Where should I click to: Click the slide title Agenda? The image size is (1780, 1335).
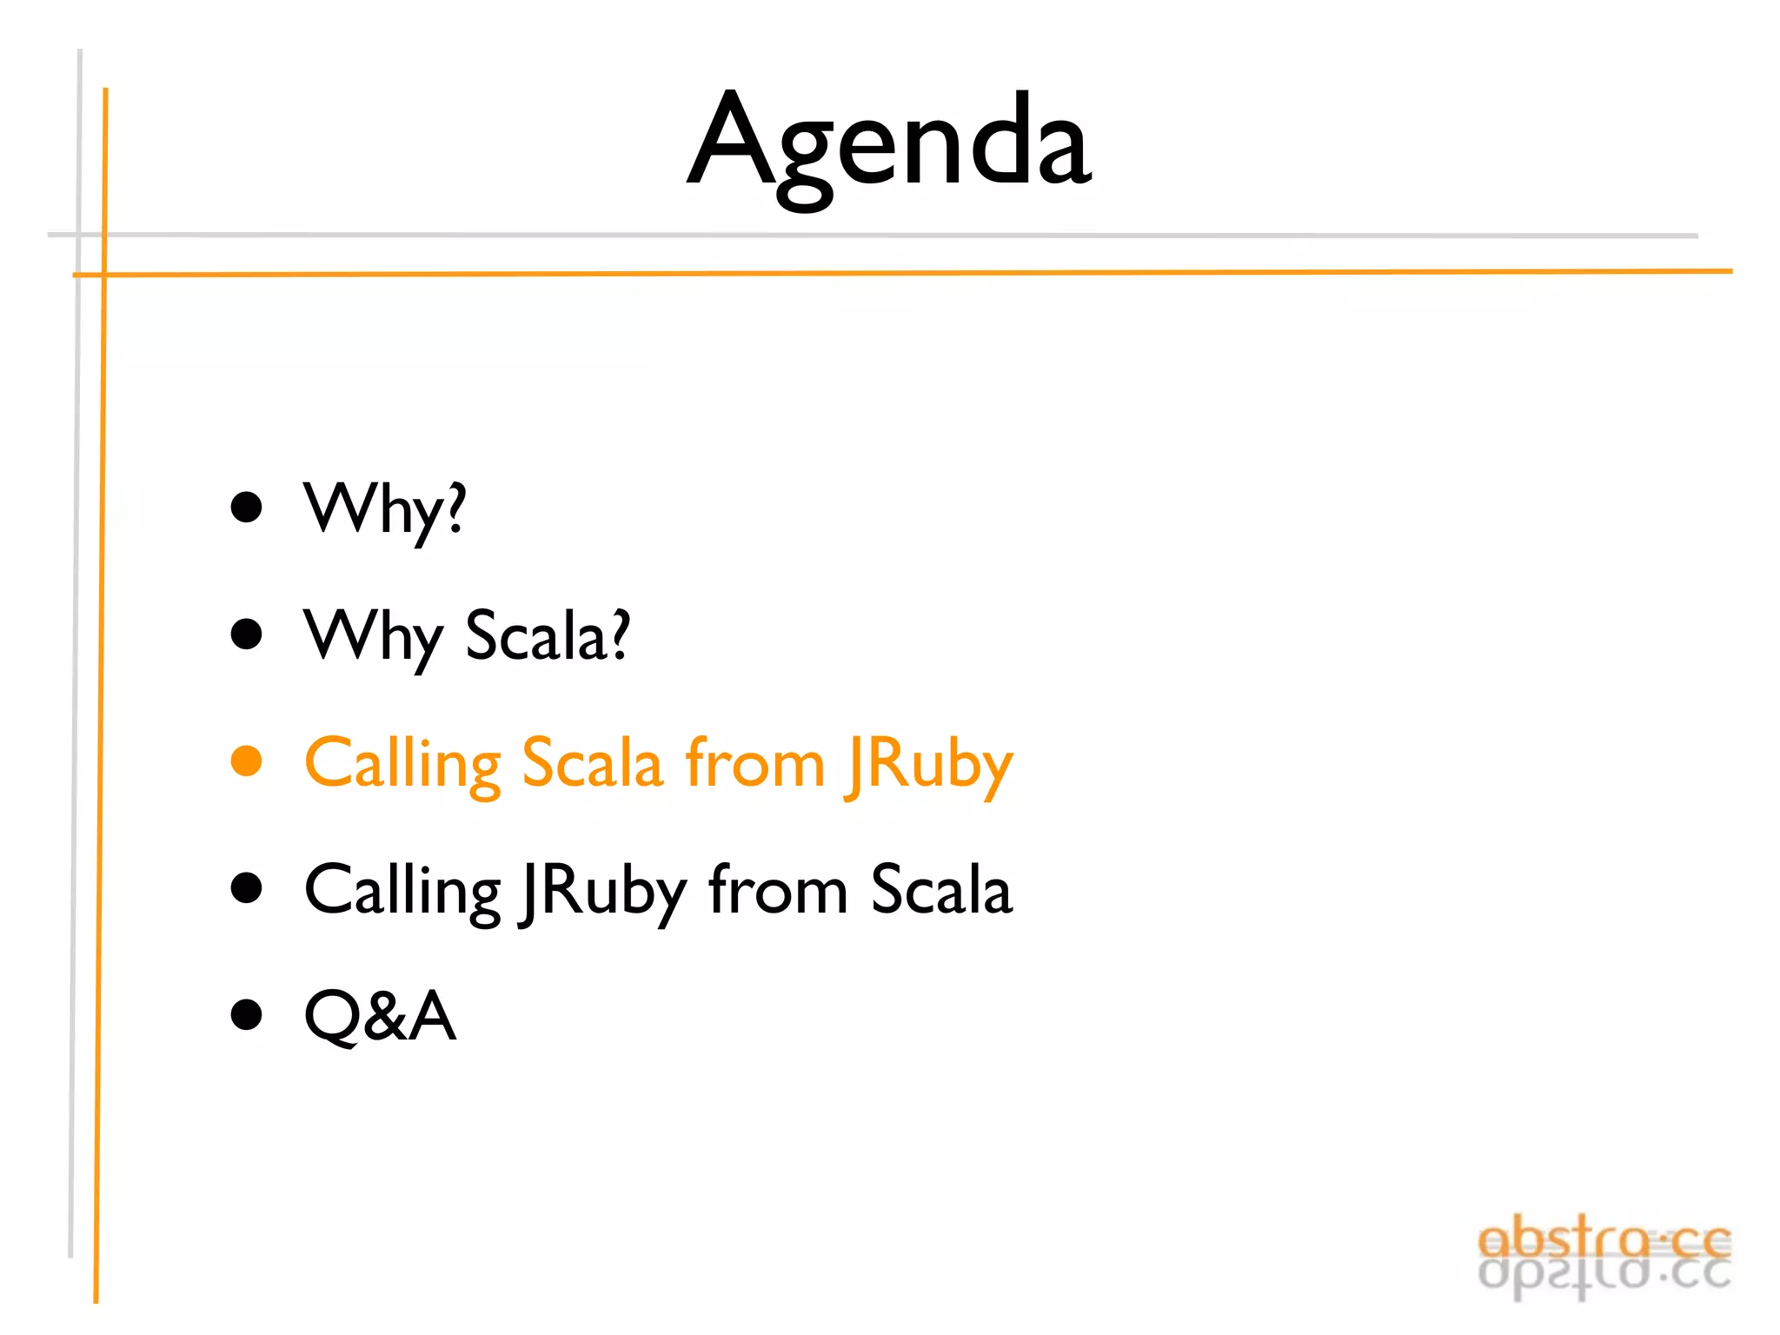pyautogui.click(x=888, y=143)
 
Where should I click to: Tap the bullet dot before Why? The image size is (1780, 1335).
pyautogui.click(x=247, y=508)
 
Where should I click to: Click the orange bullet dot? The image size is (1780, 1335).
pyautogui.click(x=247, y=760)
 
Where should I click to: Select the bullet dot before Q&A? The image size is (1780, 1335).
pyautogui.click(x=247, y=1014)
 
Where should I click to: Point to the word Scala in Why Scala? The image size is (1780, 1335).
pyautogui.click(x=548, y=636)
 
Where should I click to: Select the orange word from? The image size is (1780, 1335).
pyautogui.click(x=754, y=763)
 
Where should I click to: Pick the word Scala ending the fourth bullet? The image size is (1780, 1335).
pyautogui.click(x=941, y=890)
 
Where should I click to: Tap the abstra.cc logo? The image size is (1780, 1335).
pyautogui.click(x=1604, y=1256)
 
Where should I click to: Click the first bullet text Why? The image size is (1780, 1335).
pyautogui.click(x=384, y=509)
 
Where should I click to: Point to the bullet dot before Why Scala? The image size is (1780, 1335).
pyautogui.click(x=247, y=634)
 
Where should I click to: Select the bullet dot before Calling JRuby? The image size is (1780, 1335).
pyautogui.click(x=247, y=888)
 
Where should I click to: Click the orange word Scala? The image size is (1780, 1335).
pyautogui.click(x=592, y=763)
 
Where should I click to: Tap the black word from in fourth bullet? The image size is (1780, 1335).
pyautogui.click(x=778, y=890)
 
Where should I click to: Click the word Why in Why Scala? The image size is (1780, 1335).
pyautogui.click(x=374, y=636)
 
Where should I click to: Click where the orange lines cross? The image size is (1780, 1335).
pyautogui.click(x=104, y=275)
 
